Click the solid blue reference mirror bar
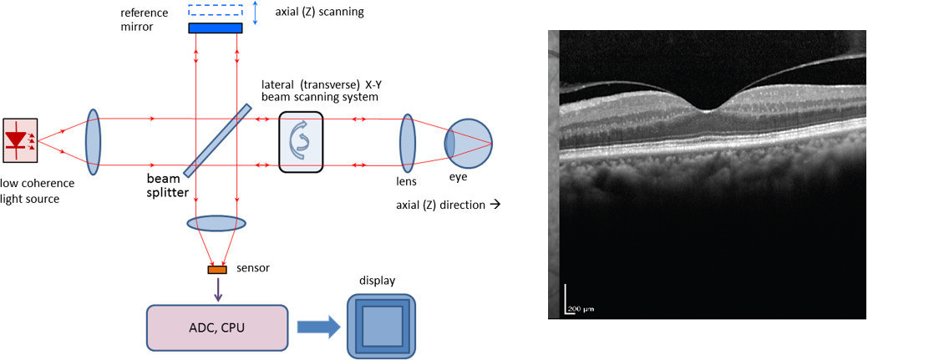click(215, 28)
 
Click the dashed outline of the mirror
click(215, 11)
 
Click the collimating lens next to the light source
click(93, 140)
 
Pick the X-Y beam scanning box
click(300, 141)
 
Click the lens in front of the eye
click(408, 141)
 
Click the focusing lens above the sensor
click(216, 223)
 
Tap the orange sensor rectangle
click(216, 269)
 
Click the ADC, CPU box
click(217, 327)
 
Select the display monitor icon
click(381, 327)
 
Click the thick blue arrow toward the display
click(318, 327)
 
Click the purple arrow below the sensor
click(217, 288)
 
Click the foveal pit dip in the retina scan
click(707, 107)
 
